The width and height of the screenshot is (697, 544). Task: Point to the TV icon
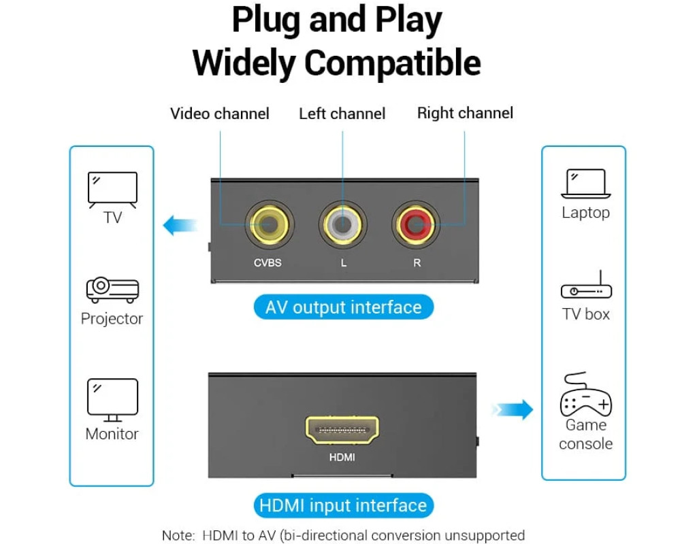[112, 189]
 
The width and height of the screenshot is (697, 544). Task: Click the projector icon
[112, 290]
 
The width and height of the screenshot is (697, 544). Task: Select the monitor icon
[112, 400]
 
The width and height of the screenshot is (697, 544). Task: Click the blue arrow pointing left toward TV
[180, 225]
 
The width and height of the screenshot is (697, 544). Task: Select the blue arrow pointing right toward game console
[513, 409]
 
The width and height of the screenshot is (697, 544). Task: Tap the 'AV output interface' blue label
[344, 307]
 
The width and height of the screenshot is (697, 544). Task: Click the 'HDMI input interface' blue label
[343, 505]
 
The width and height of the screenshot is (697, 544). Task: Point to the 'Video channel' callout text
[219, 114]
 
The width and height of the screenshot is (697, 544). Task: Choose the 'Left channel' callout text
[342, 114]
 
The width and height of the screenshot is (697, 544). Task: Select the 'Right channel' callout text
[465, 113]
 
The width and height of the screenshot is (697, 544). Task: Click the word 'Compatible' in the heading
[393, 63]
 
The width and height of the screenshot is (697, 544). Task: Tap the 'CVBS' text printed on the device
[268, 263]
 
